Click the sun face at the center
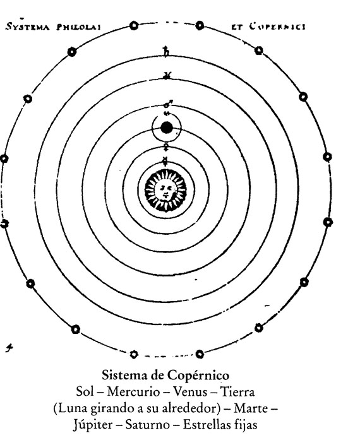point(165,189)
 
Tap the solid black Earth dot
point(167,128)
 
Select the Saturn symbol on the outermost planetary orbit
point(166,51)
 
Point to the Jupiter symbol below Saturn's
point(166,76)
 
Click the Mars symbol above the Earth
point(167,104)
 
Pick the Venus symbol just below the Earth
point(166,146)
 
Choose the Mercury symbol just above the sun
point(165,162)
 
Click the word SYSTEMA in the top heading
point(28,27)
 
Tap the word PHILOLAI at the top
point(79,27)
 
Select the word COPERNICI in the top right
point(277,27)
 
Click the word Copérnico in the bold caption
point(198,376)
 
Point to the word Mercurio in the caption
point(133,392)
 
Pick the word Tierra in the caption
point(237,392)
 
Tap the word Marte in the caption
point(251,408)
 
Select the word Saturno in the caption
point(148,425)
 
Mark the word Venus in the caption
point(190,392)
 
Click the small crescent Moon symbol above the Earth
point(167,114)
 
